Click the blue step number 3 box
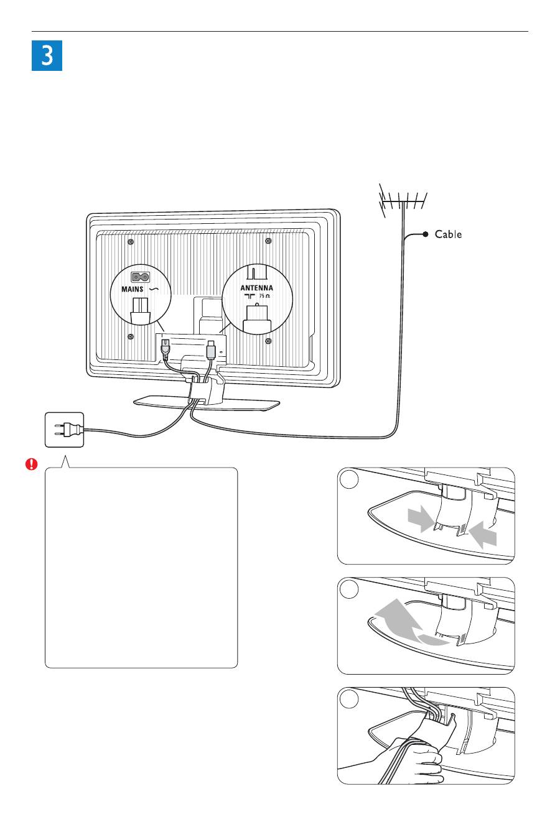pyautogui.click(x=47, y=55)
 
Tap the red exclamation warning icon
pyautogui.click(x=31, y=464)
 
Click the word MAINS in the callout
pyautogui.click(x=132, y=289)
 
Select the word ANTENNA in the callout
pyautogui.click(x=257, y=288)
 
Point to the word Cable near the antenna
pyautogui.click(x=448, y=234)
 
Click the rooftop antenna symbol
pyautogui.click(x=403, y=200)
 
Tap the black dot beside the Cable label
pyautogui.click(x=426, y=234)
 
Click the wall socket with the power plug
pyautogui.click(x=65, y=430)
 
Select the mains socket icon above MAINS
pyautogui.click(x=141, y=277)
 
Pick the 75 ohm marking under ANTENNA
pyautogui.click(x=264, y=296)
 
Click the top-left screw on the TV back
pyautogui.click(x=131, y=242)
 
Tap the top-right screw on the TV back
pyautogui.click(x=268, y=241)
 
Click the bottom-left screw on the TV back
pyautogui.click(x=131, y=336)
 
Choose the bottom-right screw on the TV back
pyautogui.click(x=268, y=341)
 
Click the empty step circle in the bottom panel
pyautogui.click(x=349, y=699)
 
